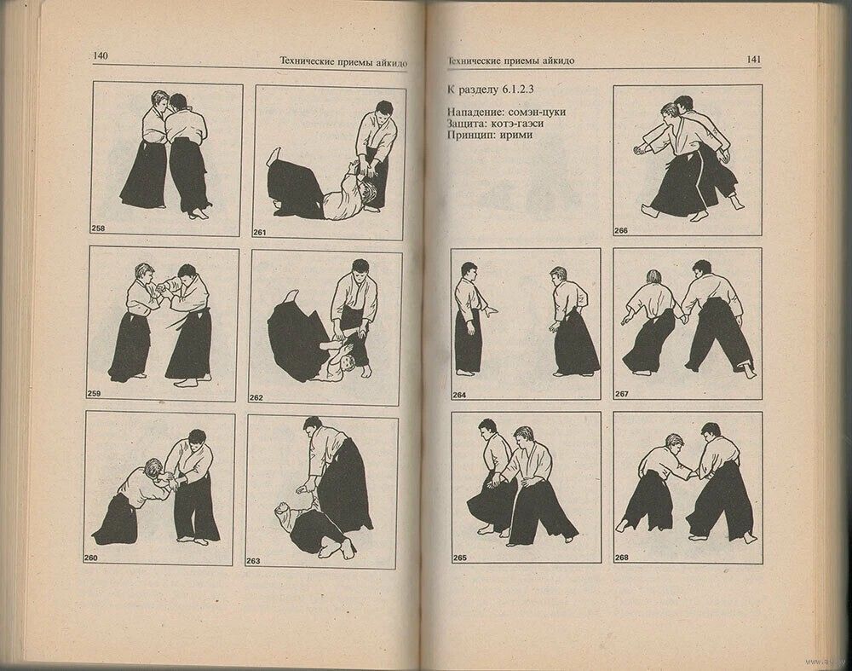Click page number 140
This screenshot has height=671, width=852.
[101, 55]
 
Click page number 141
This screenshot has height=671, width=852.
[754, 60]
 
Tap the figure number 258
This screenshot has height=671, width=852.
[98, 228]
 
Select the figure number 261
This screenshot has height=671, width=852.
[260, 233]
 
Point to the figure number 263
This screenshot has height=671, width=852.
[253, 561]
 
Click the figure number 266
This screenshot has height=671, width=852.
[621, 230]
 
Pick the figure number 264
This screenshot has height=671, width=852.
[459, 396]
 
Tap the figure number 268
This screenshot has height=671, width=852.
[622, 558]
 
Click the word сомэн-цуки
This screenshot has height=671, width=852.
[537, 112]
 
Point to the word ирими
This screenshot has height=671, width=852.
[515, 135]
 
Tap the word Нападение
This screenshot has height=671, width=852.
[475, 112]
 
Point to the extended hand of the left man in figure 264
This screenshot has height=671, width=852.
[492, 311]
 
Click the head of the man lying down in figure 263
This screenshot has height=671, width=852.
[283, 511]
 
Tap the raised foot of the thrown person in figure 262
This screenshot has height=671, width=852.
[293, 296]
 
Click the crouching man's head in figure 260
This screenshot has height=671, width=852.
[153, 468]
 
